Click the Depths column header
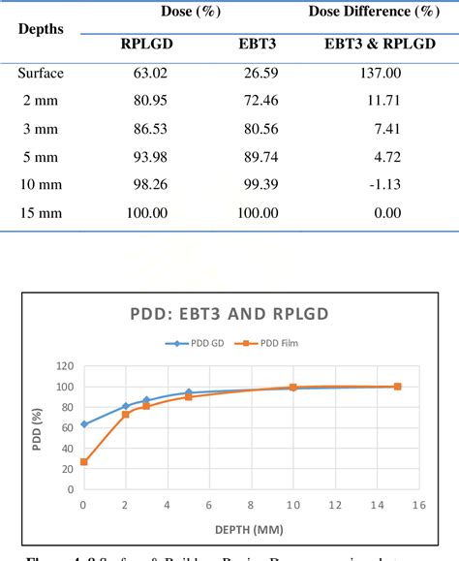click(41, 29)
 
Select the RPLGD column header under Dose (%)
click(146, 44)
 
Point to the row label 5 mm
click(41, 157)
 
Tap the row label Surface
click(41, 73)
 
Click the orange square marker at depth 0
click(84, 462)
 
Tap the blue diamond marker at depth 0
click(84, 424)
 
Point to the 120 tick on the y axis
click(66, 366)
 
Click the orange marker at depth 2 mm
click(126, 415)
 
